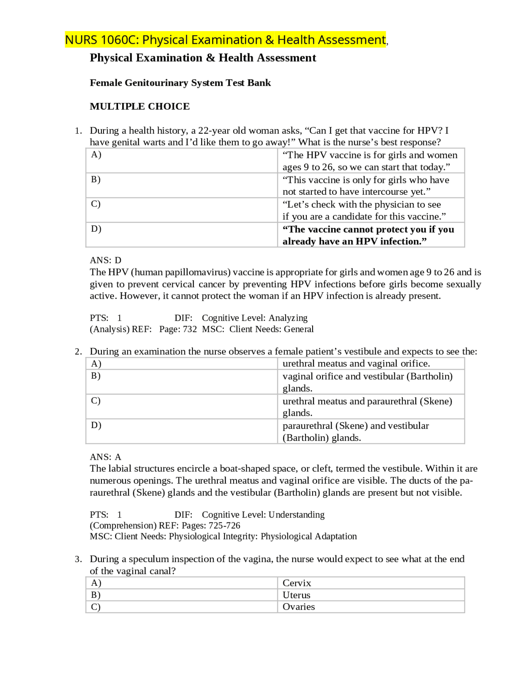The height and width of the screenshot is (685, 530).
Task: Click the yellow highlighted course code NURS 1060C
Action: pyautogui.click(x=102, y=40)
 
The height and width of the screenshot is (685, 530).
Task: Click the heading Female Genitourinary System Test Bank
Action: pyautogui.click(x=180, y=83)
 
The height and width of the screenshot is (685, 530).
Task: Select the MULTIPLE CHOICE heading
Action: pyautogui.click(x=140, y=106)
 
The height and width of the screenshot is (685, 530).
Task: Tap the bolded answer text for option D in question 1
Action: pyautogui.click(x=368, y=235)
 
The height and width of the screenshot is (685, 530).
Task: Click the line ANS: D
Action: pyautogui.click(x=105, y=260)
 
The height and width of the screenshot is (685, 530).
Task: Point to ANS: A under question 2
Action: pyautogui.click(x=105, y=457)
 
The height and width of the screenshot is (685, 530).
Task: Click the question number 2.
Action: pyautogui.click(x=78, y=351)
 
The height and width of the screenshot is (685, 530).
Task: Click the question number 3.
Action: pyautogui.click(x=78, y=559)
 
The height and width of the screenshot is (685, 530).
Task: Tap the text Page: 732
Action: pyautogui.click(x=178, y=329)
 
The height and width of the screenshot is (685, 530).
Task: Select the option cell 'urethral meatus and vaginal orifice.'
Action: pyautogui.click(x=356, y=363)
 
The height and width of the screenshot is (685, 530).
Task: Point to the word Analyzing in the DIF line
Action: pyautogui.click(x=288, y=318)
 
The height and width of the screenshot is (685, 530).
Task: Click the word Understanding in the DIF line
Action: pyautogui.click(x=296, y=515)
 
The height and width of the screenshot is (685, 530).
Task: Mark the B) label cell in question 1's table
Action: pyautogui.click(x=181, y=185)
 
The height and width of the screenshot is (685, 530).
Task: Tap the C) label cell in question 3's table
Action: pyautogui.click(x=181, y=607)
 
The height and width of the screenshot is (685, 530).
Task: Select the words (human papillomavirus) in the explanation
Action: pyautogui.click(x=181, y=272)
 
